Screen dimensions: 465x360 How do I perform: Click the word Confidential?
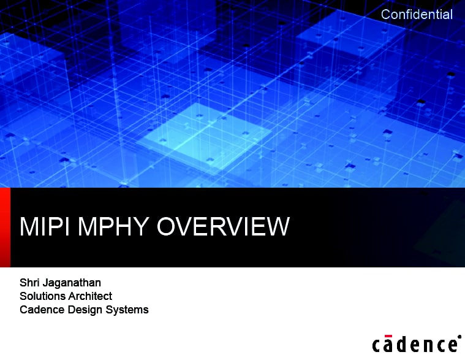point(417,14)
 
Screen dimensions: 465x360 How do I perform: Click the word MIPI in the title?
point(45,226)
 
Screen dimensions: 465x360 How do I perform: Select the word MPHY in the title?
point(113,226)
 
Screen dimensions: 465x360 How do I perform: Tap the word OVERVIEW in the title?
point(223,226)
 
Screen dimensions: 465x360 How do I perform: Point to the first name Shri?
point(29,282)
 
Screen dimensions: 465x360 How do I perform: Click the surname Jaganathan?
point(72,283)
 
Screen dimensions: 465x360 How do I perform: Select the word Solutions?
point(42,296)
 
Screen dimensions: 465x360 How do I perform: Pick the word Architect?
point(90,296)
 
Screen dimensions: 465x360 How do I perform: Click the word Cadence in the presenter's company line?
point(42,310)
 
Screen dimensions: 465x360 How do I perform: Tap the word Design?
point(85,310)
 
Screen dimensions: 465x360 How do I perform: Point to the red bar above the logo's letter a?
point(388,336)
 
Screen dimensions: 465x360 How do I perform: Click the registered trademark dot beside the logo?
point(459,337)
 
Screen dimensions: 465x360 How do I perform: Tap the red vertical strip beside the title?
point(5,228)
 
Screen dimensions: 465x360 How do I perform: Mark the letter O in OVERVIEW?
point(167,226)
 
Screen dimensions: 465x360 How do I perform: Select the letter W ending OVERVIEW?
point(276,226)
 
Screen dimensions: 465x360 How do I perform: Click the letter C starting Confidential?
point(386,14)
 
